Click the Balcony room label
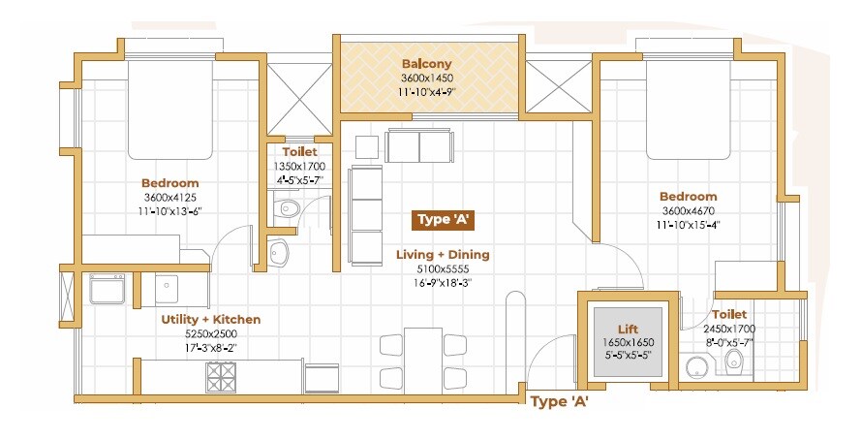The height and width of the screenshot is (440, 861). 427,65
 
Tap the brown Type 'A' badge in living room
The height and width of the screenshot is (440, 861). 443,219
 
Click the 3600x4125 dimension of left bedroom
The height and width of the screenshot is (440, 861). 169,197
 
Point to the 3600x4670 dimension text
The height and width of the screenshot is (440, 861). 689,210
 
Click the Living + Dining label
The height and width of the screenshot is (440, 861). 443,255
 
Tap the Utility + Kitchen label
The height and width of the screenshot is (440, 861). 210,319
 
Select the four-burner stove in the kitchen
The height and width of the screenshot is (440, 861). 221,377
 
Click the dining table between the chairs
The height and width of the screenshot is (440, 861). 423,359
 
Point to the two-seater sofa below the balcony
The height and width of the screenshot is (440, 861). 417,146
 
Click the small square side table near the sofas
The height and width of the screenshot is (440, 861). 366,146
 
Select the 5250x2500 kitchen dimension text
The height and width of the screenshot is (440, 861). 210,333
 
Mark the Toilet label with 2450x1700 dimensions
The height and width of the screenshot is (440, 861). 728,315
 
